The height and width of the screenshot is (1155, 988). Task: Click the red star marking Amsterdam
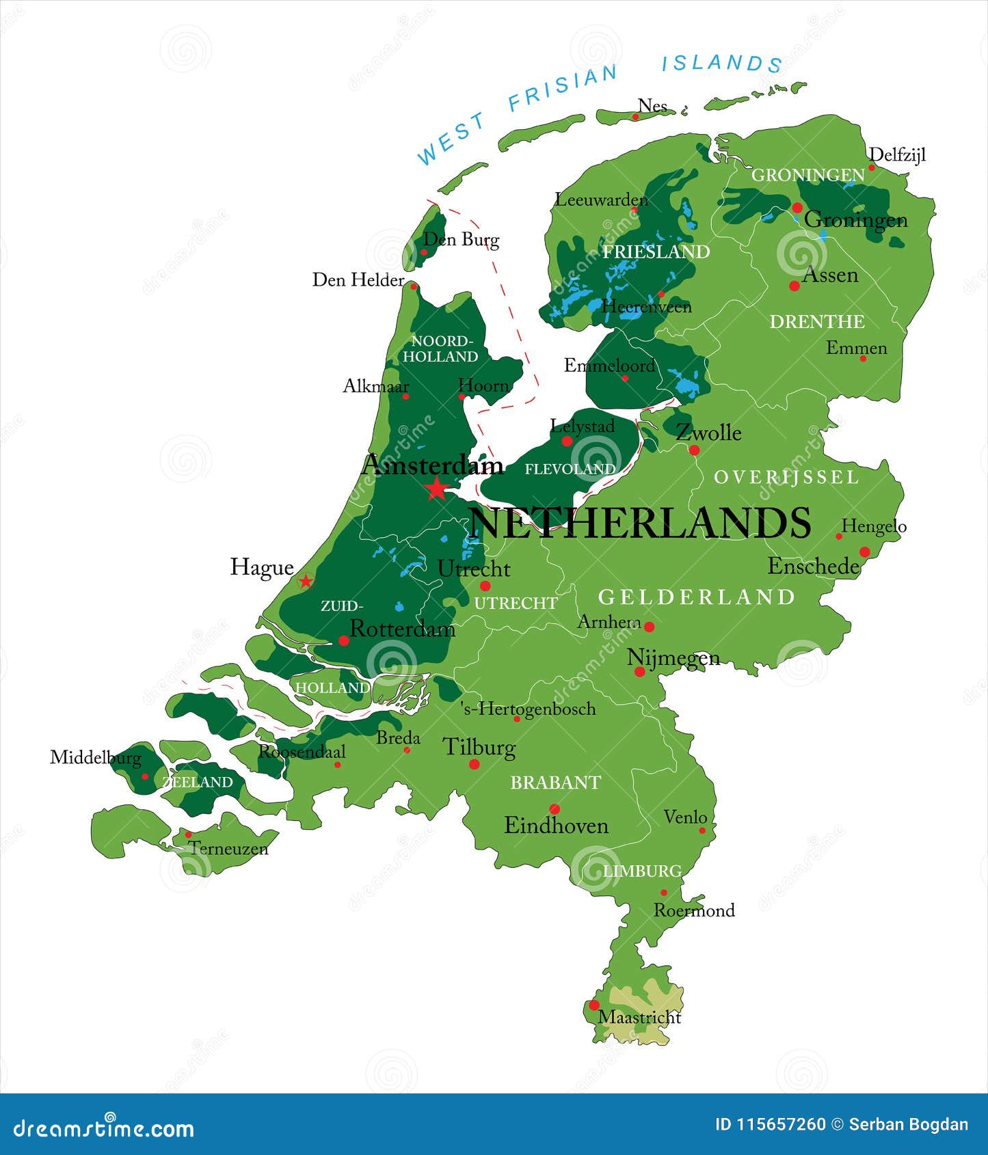point(436,489)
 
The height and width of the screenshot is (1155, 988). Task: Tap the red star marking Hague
point(306,582)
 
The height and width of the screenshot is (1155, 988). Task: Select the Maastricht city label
point(639,1018)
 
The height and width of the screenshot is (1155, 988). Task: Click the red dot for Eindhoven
point(555,809)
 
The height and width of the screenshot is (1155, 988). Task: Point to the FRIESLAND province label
point(656,252)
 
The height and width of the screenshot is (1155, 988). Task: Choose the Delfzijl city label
point(897,155)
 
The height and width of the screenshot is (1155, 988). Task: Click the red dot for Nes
point(635,117)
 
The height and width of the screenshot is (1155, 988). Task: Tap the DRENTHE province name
point(817,321)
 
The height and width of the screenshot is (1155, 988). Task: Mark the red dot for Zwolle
point(694,450)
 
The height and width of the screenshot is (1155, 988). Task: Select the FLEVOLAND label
point(570,469)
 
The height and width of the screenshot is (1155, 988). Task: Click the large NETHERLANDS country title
point(640,523)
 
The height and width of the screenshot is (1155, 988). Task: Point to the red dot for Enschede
point(864,552)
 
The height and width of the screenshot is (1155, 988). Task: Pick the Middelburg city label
point(95,757)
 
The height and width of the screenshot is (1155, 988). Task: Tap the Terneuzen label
point(228,849)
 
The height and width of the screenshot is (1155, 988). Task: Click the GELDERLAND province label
point(696,597)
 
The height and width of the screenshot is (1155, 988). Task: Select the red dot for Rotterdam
point(343,640)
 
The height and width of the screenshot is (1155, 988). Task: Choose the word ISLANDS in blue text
point(721,64)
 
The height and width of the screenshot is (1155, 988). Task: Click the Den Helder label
point(358,280)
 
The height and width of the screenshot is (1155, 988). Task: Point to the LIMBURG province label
point(642,871)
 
